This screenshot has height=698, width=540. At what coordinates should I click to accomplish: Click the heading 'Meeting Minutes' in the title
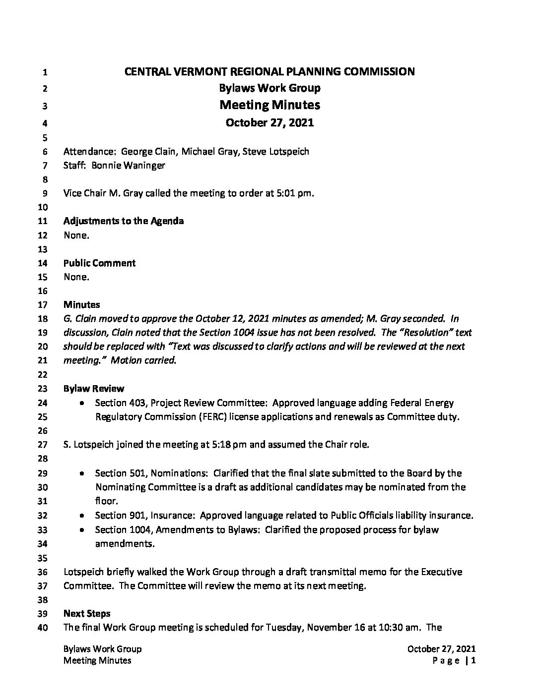(x=270, y=105)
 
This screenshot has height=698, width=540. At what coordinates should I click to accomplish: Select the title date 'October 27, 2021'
(x=270, y=122)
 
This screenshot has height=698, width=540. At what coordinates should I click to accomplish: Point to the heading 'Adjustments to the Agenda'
(x=123, y=221)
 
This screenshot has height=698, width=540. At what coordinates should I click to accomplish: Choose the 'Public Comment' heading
(x=99, y=263)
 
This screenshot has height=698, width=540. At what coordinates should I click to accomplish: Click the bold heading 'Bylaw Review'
(x=94, y=389)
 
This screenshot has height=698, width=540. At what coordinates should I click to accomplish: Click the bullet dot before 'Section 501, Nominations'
(x=82, y=474)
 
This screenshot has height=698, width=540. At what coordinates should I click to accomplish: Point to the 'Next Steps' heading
(x=87, y=614)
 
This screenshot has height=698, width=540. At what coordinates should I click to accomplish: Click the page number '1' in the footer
(x=474, y=660)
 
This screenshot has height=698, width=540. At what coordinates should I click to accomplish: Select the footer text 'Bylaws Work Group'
(x=103, y=649)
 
